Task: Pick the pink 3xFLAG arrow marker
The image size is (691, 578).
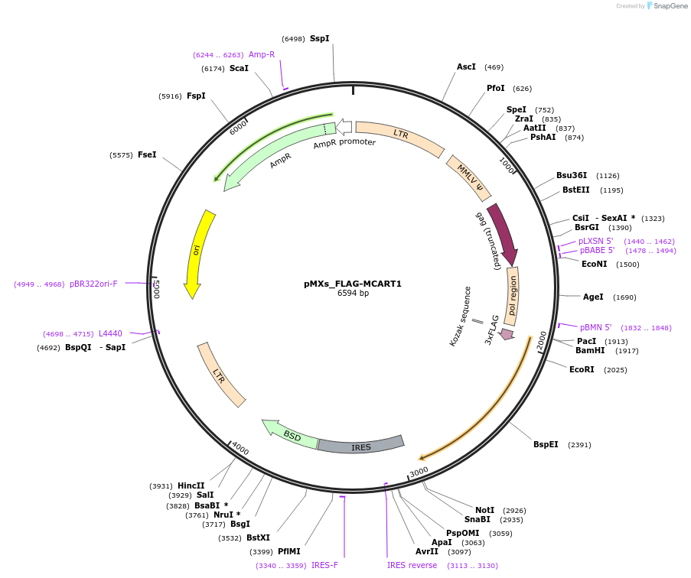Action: click(506, 334)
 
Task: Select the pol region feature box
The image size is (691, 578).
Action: click(512, 296)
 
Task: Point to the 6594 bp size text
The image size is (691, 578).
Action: click(353, 294)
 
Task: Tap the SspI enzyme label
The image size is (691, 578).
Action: click(319, 38)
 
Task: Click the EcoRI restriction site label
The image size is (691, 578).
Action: click(582, 370)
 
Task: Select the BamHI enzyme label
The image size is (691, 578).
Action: click(590, 351)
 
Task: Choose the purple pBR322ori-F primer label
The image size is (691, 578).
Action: click(93, 284)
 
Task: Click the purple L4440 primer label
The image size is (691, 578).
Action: click(110, 333)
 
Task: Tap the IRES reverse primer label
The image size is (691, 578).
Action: click(412, 566)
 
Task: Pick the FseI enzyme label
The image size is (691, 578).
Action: click(147, 155)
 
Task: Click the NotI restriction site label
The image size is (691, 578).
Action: click(484, 510)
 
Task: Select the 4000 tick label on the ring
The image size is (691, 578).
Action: click(240, 450)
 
